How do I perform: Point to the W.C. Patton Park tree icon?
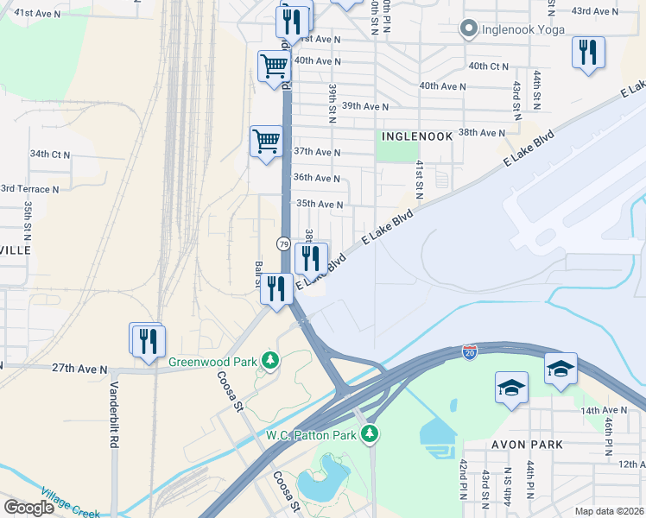370,433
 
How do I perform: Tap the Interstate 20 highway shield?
469,355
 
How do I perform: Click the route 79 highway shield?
283,244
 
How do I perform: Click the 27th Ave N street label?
79,369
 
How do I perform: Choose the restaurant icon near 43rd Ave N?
588,52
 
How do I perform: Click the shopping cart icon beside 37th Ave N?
266,141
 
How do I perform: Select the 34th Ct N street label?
50,154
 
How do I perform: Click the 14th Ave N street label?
604,410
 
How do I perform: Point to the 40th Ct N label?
488,66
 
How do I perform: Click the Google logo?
29,508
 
